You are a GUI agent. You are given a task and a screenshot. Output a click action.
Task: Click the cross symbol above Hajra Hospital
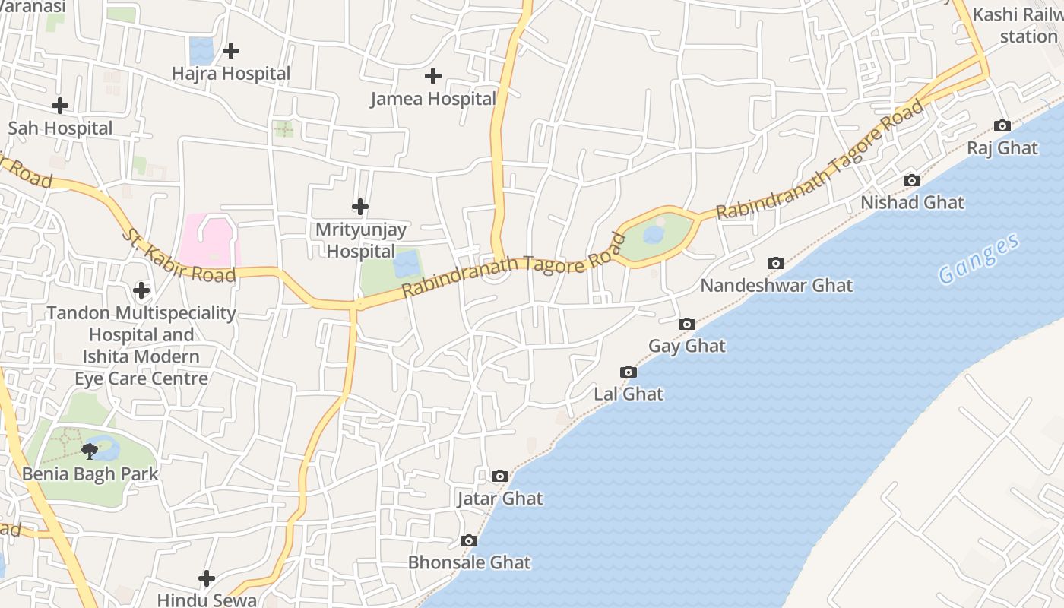(x=231, y=51)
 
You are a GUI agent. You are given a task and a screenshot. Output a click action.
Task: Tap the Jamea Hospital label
(x=432, y=99)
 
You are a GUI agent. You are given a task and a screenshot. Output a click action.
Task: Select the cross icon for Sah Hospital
(x=59, y=106)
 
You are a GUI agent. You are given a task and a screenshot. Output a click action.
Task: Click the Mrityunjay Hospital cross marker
(x=360, y=207)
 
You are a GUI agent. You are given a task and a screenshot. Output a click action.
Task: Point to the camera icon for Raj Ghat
(x=1002, y=126)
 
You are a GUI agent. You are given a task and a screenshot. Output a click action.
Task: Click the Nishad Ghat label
(x=912, y=203)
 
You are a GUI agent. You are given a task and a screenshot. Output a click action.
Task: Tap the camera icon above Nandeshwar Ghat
(x=776, y=264)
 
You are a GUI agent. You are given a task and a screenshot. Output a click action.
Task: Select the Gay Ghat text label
(x=687, y=347)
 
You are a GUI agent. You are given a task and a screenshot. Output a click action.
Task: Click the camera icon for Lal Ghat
(x=629, y=372)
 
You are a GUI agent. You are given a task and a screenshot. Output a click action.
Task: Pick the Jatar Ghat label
(x=499, y=499)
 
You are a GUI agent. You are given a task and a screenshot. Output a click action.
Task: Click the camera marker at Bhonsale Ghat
(x=469, y=541)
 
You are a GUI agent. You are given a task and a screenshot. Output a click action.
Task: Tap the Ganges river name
(x=978, y=260)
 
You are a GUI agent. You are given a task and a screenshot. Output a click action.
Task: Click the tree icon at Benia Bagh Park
(x=90, y=451)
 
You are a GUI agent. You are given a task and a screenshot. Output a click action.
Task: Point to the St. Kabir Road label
(x=179, y=255)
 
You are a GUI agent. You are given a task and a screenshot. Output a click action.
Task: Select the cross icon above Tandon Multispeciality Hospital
(x=141, y=290)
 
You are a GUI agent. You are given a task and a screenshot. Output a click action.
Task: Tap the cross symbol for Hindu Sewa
(x=207, y=579)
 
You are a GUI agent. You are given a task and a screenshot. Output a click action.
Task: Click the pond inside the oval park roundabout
(x=654, y=235)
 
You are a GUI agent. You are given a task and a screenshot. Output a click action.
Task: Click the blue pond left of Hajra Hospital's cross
(x=201, y=51)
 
